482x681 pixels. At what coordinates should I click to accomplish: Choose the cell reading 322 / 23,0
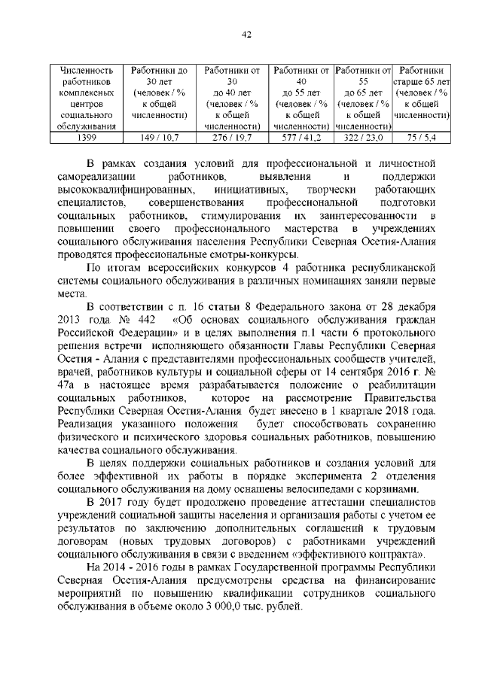[x=363, y=138]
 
